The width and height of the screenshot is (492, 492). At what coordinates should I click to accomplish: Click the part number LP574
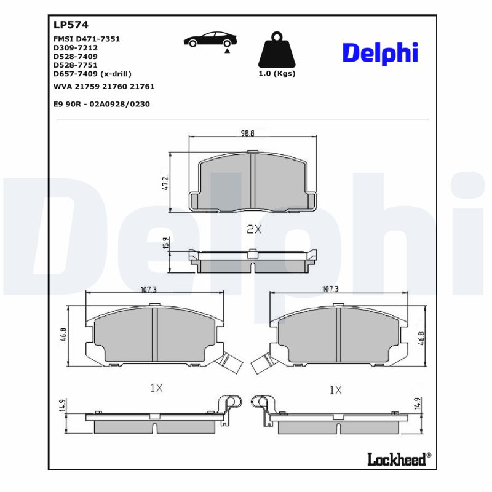click(71, 25)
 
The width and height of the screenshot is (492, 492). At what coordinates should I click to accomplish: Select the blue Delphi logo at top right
click(379, 53)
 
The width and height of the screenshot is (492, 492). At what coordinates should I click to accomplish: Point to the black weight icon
click(276, 48)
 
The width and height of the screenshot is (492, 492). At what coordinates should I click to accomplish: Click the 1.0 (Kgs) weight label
click(276, 74)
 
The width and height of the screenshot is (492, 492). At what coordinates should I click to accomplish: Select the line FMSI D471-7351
click(87, 39)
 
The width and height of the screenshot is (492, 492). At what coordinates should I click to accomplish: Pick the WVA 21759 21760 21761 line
click(103, 87)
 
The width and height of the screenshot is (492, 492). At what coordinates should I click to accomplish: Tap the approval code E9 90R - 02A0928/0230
click(101, 104)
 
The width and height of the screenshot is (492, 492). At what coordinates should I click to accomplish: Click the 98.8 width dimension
click(247, 133)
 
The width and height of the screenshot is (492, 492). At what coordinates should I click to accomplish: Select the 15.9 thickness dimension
click(165, 244)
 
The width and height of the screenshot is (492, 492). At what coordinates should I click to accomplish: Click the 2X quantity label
click(254, 229)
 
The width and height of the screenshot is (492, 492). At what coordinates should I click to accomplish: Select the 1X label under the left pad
click(156, 388)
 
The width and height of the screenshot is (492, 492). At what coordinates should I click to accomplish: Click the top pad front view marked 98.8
click(252, 181)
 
